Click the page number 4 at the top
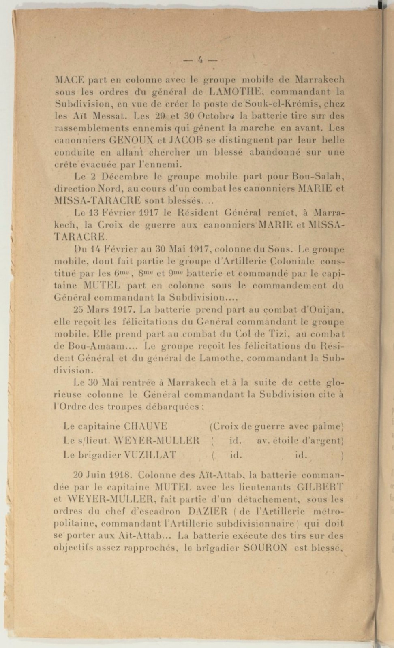click(199, 59)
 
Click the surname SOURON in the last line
click(266, 548)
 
